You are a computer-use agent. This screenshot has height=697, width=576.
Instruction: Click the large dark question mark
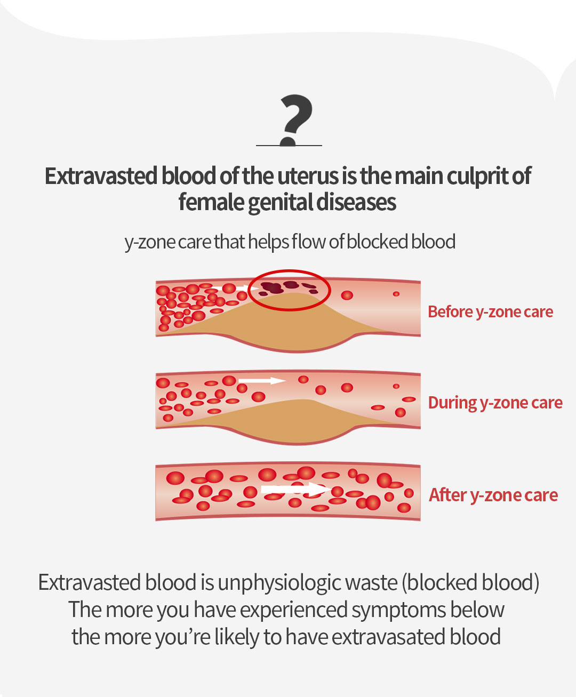(x=297, y=119)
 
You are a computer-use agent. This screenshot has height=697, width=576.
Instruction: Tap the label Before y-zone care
(x=490, y=313)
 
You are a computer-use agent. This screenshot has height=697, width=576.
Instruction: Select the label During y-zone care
(x=495, y=403)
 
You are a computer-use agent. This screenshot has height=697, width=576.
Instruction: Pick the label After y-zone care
(x=493, y=495)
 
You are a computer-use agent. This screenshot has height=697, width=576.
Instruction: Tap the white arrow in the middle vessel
(x=262, y=381)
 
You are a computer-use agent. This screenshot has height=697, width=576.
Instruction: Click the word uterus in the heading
(x=308, y=177)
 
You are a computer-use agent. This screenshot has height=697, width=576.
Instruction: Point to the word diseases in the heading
(x=356, y=202)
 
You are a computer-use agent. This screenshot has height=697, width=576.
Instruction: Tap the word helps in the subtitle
(x=268, y=242)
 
